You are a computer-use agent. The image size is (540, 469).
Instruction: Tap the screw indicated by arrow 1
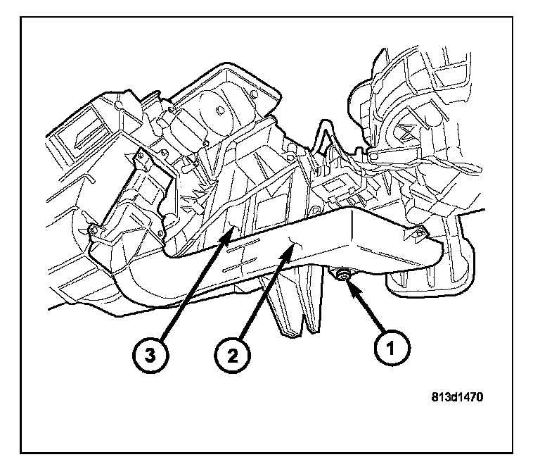pyautogui.click(x=344, y=274)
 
